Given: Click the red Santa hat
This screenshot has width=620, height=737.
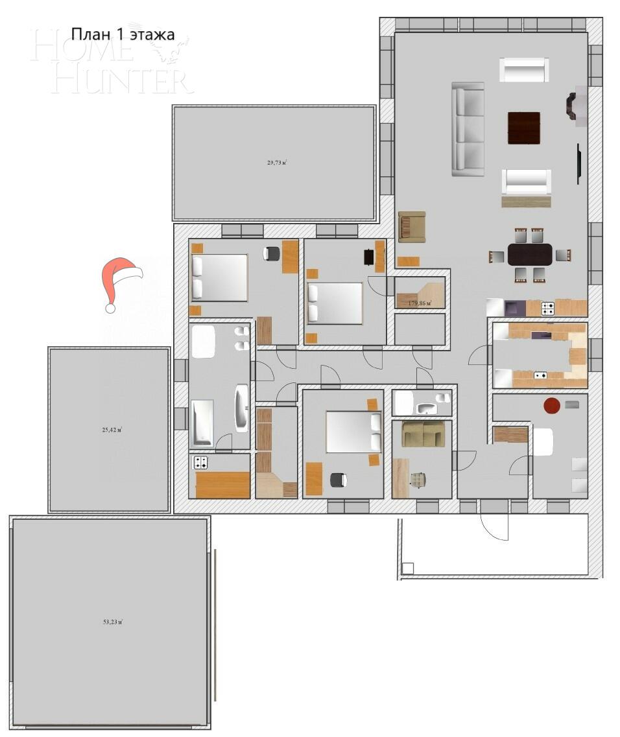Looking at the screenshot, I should (121, 282).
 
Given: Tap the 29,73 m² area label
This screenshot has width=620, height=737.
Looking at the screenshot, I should (277, 163).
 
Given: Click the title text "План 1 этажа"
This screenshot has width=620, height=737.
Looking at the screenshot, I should (123, 34).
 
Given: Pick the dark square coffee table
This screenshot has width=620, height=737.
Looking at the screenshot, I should (523, 128).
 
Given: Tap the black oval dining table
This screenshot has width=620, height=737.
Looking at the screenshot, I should (530, 255).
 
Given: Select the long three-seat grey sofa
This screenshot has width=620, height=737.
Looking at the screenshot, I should (468, 129).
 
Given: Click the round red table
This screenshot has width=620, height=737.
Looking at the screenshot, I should (551, 406).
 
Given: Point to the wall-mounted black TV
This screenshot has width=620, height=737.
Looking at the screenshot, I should (578, 164).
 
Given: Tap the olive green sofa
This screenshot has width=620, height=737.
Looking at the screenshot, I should (423, 434).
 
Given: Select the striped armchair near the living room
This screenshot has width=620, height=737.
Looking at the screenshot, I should (412, 227).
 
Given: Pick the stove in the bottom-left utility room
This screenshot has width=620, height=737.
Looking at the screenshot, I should (201, 463).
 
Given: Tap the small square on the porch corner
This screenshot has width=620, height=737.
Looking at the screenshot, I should (407, 568).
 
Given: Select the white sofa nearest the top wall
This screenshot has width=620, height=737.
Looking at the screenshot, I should (524, 70).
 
